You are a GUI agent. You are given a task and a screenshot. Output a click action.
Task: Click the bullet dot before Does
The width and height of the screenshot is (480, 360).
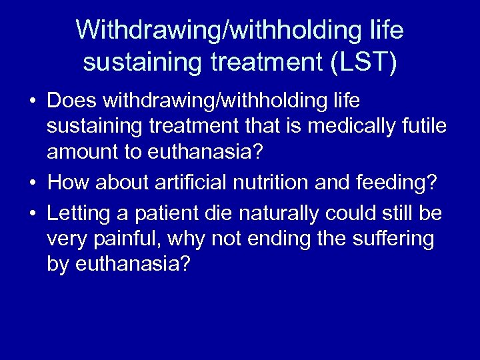(x=32, y=101)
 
